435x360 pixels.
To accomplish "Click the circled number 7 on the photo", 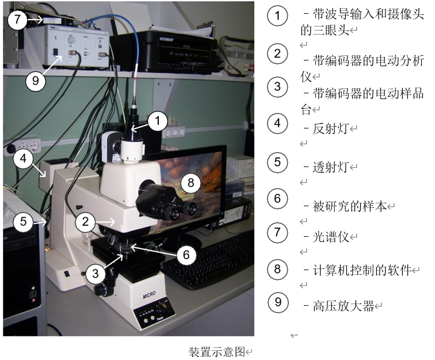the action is (x=17, y=20).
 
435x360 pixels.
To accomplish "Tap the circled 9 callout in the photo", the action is (x=36, y=81).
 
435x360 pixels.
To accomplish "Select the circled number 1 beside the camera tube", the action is (x=158, y=121).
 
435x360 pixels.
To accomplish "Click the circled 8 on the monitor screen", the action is (x=190, y=183).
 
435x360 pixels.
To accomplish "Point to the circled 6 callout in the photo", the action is (x=186, y=255).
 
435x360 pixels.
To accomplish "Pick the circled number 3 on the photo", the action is (x=95, y=274).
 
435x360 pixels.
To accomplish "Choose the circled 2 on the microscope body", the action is (x=85, y=222).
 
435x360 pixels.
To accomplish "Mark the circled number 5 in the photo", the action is (x=23, y=221).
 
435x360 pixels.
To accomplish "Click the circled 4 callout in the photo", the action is (x=23, y=158).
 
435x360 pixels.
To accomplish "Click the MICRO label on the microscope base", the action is (x=149, y=295).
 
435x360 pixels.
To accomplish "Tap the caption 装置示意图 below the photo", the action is (x=217, y=352).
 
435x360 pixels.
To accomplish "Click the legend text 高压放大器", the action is (x=343, y=306).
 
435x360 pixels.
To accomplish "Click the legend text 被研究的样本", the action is (x=350, y=206).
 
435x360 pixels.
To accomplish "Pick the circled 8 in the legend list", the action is (x=277, y=269).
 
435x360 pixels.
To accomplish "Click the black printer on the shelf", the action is (x=164, y=51).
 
